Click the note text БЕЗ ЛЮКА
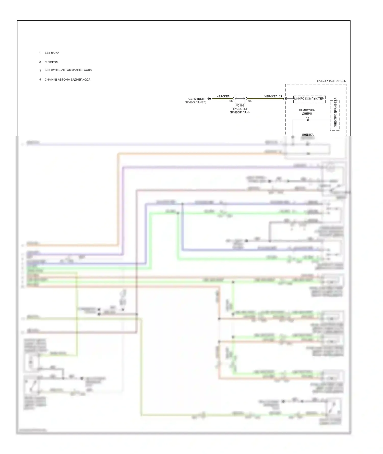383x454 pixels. (x=52, y=53)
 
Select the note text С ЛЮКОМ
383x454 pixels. (x=51, y=62)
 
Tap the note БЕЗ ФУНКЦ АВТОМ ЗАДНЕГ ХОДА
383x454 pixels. (x=68, y=70)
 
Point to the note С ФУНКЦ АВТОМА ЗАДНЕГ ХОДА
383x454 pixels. (x=67, y=80)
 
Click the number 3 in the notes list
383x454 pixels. (x=40, y=70)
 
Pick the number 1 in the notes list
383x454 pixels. (x=40, y=53)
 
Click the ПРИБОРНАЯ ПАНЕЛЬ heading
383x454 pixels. (x=331, y=81)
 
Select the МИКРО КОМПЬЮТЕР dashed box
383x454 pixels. (x=309, y=99)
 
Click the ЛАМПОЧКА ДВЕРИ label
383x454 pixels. (x=307, y=112)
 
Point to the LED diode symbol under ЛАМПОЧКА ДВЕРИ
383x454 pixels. (x=307, y=120)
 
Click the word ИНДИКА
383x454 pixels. (x=307, y=135)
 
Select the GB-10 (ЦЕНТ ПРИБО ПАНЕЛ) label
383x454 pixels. (x=196, y=101)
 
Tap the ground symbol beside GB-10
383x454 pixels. (x=209, y=99)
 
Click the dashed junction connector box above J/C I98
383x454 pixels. (x=240, y=98)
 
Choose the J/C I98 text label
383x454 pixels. (x=240, y=106)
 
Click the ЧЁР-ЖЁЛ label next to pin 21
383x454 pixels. (x=271, y=97)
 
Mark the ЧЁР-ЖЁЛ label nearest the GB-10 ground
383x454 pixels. (x=223, y=97)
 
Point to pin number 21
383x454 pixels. (x=281, y=97)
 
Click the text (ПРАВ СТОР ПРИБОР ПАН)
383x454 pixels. (x=240, y=111)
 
